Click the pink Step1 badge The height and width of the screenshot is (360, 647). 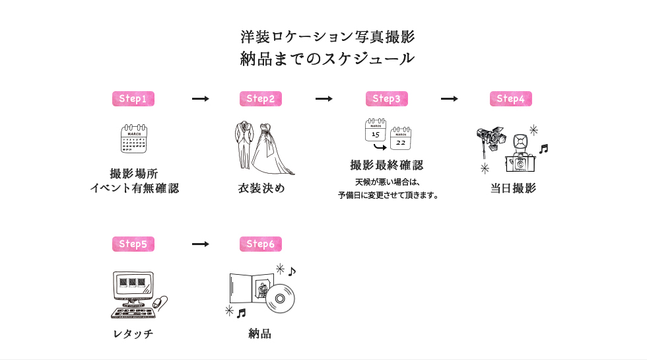click(133, 99)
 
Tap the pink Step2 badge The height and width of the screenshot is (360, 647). click(261, 99)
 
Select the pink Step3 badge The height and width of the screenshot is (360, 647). click(386, 99)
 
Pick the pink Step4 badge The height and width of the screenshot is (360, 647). click(510, 99)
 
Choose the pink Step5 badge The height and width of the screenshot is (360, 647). click(133, 244)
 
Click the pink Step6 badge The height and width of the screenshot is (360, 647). click(261, 244)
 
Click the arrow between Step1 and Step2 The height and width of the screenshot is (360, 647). click(200, 99)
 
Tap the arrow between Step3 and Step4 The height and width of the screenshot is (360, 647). click(449, 99)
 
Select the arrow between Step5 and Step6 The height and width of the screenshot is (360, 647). click(200, 244)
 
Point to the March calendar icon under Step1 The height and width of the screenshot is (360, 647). click(134, 139)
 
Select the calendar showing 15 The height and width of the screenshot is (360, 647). click(376, 131)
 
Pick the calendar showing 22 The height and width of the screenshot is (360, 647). click(401, 139)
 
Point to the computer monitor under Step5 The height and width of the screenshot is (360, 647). click(132, 287)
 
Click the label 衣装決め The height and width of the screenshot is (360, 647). click(261, 188)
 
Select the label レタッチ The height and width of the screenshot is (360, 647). click(133, 334)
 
